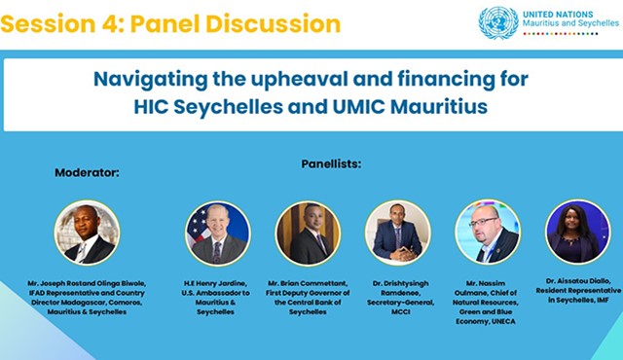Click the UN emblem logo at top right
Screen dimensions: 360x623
498,22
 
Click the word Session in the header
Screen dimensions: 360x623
45,22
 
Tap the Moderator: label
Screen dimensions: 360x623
87,172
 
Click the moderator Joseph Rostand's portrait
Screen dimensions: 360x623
87,233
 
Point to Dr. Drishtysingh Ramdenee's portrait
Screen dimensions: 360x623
398,233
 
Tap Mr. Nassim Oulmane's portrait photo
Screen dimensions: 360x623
488,232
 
